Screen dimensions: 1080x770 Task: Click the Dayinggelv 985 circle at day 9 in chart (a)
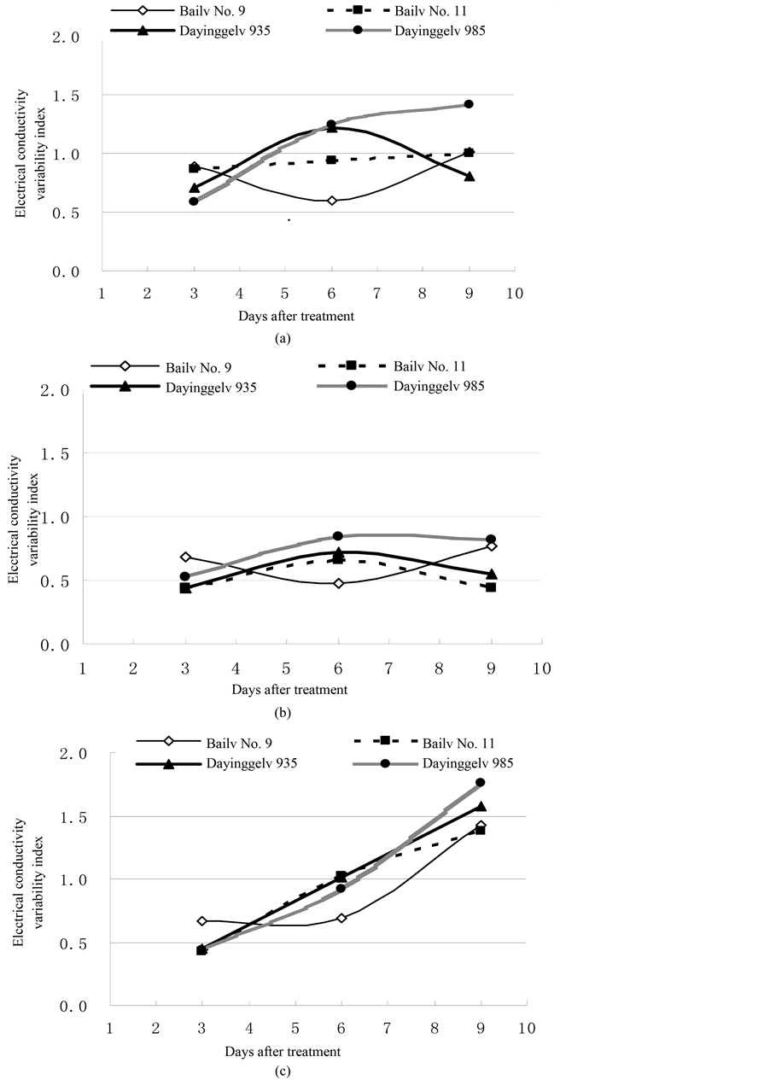pos(469,104)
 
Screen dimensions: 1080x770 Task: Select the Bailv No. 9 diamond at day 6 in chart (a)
pos(331,201)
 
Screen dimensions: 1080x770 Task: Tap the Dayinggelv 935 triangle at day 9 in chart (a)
pos(469,176)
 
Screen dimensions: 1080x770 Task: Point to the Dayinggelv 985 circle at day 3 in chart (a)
pos(194,201)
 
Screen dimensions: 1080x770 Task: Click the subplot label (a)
pos(283,338)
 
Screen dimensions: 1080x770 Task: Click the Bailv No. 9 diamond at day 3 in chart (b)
pos(185,557)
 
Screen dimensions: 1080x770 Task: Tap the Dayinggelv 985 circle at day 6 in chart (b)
pos(338,536)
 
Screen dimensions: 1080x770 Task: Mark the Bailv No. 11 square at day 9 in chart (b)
pos(491,587)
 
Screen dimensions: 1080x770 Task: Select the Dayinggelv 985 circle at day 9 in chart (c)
pos(480,782)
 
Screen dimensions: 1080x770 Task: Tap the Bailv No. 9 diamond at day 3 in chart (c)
pos(202,921)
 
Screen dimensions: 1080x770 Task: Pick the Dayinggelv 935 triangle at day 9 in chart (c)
pos(480,806)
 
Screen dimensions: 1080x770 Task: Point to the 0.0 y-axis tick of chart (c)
pos(77,1007)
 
